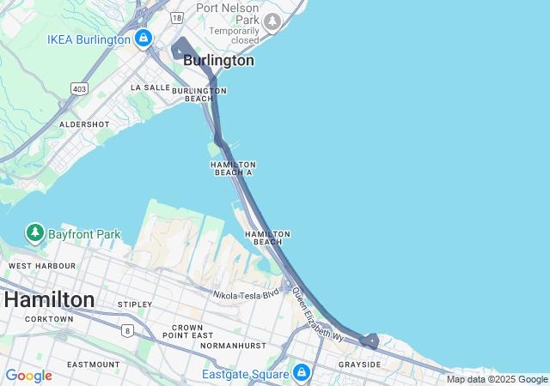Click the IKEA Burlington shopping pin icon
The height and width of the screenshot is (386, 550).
(x=143, y=39)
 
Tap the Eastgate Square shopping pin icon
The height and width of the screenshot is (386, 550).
(x=301, y=373)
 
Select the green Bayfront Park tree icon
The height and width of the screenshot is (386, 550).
(x=34, y=232)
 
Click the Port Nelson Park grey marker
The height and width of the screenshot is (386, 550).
(x=272, y=21)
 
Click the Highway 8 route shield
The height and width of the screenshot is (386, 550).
(x=127, y=330)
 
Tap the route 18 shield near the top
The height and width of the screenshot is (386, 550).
(x=176, y=16)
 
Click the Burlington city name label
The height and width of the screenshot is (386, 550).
(x=218, y=61)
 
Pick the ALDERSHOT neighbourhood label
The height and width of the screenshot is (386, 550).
(x=84, y=124)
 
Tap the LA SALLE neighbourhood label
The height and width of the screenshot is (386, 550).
(x=150, y=87)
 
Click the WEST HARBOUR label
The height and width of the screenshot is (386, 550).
(x=42, y=266)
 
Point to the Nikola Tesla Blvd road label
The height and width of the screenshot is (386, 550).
(x=247, y=293)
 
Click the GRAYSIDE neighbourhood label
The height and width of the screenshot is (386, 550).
(x=359, y=365)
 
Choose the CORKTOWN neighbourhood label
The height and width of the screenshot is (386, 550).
(x=49, y=319)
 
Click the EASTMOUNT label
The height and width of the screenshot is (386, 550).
(x=93, y=365)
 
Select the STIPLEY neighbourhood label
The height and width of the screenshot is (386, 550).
(x=135, y=305)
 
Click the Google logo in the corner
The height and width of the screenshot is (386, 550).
(x=28, y=376)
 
